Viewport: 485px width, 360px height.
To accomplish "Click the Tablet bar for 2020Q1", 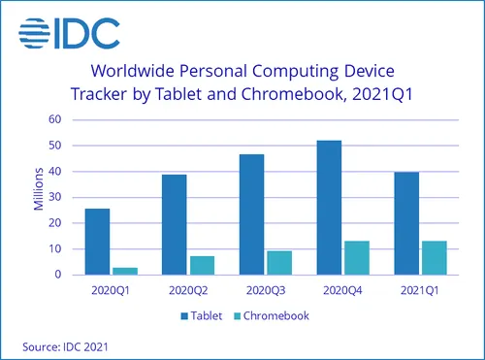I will click(x=98, y=242).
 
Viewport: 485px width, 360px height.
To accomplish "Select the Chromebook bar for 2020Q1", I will click(x=124, y=271).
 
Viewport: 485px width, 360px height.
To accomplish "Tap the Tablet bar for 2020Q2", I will click(x=174, y=224).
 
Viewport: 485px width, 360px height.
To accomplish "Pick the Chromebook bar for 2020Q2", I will click(x=202, y=265).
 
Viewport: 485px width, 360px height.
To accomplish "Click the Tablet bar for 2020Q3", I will click(x=251, y=214).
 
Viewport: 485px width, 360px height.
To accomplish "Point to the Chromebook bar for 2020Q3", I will click(x=278, y=263).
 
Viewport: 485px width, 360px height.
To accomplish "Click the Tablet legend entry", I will click(x=204, y=316).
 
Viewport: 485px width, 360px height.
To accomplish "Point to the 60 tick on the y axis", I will click(x=55, y=119).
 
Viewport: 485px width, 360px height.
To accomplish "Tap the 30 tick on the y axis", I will click(x=55, y=197).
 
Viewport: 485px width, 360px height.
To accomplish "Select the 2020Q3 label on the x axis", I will click(x=265, y=289).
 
